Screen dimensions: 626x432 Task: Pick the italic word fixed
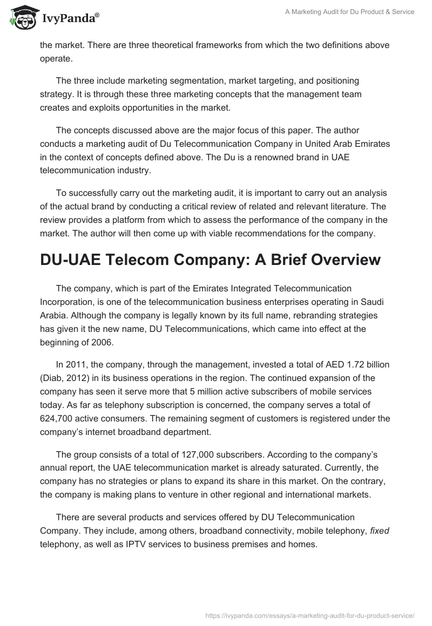point(379,531)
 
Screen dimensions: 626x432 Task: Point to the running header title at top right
point(349,12)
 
